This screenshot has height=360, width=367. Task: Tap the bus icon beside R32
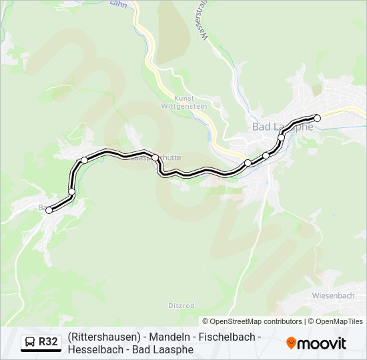pos(30,343)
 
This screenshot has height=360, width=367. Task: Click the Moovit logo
pos(316,343)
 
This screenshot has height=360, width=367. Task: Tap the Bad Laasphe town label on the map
pos(282,127)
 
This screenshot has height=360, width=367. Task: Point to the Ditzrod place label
pos(181,305)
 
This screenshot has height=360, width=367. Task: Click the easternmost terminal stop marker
pos(318,118)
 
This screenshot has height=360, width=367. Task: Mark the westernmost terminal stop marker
pos(49,211)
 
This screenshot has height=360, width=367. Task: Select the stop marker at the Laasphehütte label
pos(155,157)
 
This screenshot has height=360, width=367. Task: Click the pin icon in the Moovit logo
pos(291,343)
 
